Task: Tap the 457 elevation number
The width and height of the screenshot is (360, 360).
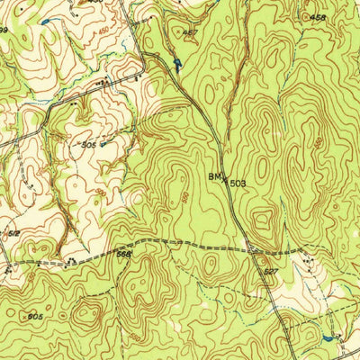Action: (x=190, y=34)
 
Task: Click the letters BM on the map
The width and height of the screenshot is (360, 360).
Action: (x=216, y=177)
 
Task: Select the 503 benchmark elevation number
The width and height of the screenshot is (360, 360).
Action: (x=237, y=184)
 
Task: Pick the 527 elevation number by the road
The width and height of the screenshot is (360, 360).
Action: (x=272, y=269)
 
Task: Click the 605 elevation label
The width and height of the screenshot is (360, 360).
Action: (x=35, y=317)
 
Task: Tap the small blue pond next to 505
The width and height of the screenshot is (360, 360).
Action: (x=104, y=142)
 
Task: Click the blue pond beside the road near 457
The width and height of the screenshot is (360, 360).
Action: (x=177, y=65)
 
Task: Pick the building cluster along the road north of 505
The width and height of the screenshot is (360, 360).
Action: (x=108, y=82)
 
